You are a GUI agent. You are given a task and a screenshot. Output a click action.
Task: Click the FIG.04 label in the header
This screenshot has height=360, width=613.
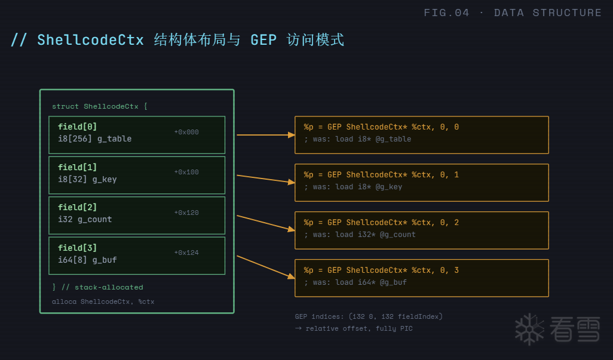[x=446, y=13]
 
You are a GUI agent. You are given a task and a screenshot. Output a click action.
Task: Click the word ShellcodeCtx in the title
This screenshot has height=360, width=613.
[x=90, y=40]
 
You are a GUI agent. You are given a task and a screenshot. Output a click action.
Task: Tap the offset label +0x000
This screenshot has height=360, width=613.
[x=186, y=132]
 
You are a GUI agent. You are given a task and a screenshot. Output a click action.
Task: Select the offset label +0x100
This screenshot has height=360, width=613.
[x=186, y=172]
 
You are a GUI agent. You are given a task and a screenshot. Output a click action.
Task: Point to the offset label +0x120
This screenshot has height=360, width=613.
[x=186, y=213]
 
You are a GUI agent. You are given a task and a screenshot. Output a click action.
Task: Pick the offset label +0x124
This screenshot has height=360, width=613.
[x=186, y=253]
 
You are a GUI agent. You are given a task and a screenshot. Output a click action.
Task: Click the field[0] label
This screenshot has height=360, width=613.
[x=77, y=127]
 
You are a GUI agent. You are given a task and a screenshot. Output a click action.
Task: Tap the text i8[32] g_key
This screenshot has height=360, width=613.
[x=87, y=179]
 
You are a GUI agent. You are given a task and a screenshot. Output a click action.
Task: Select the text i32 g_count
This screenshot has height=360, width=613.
[x=85, y=219]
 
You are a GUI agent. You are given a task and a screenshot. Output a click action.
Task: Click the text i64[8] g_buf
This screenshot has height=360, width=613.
[x=87, y=260]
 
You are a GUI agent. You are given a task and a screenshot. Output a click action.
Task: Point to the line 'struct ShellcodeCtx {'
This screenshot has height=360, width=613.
[x=99, y=106]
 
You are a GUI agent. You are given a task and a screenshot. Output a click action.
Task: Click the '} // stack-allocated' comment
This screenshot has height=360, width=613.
[x=97, y=287]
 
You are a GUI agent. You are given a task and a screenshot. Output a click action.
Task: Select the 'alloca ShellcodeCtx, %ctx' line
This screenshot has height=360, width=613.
[x=103, y=301]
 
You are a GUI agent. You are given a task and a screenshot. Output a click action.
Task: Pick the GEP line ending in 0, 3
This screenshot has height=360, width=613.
[x=381, y=270]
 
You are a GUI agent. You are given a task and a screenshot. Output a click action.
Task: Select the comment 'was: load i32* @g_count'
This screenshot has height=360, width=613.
[x=360, y=235]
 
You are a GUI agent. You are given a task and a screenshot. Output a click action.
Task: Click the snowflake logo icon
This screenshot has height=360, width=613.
[x=530, y=328]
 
